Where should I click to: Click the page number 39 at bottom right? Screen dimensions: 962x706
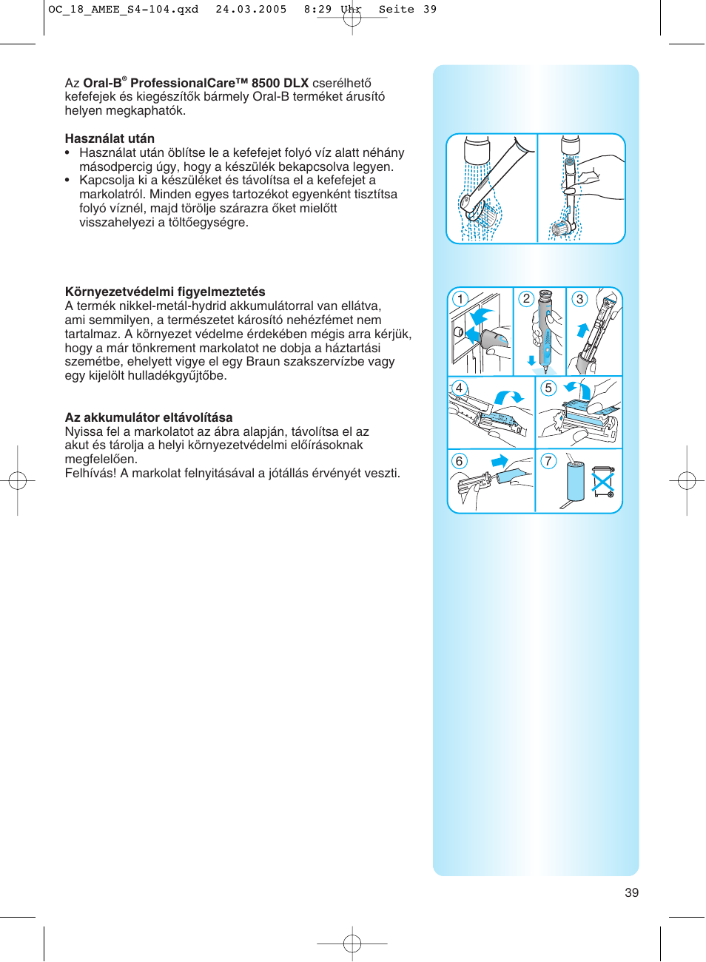click(631, 892)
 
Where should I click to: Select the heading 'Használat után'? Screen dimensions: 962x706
click(110, 138)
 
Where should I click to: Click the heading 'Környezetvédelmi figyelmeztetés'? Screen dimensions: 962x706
click(165, 292)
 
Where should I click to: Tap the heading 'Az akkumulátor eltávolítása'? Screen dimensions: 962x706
click(149, 417)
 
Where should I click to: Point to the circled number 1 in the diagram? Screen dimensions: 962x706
click(460, 299)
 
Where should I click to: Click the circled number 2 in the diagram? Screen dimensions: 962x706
click(526, 299)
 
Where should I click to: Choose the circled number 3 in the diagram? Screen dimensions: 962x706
click(579, 299)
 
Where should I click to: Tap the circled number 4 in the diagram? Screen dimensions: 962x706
click(460, 388)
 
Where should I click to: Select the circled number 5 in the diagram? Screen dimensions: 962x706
click(548, 388)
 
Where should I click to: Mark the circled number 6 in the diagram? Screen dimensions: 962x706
click(460, 461)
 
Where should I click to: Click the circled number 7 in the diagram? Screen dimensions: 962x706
click(548, 461)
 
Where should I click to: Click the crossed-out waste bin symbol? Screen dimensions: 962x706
click(603, 482)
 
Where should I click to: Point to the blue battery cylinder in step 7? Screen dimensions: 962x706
click(576, 481)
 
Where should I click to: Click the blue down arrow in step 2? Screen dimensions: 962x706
click(531, 360)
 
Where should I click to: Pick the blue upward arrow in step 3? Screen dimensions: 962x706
click(582, 330)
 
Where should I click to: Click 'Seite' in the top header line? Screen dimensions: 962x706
click(396, 10)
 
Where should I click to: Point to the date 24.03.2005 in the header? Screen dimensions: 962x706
click(251, 10)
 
